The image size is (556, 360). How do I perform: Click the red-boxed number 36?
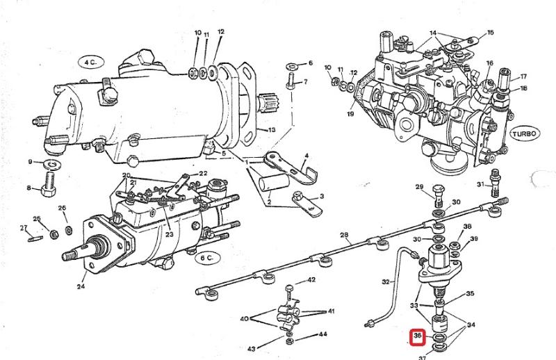pyautogui.click(x=418, y=337)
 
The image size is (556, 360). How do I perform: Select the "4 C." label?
pyautogui.click(x=90, y=62)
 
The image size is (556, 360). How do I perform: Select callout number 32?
pyautogui.click(x=386, y=281)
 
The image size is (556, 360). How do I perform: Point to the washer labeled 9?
pyautogui.click(x=51, y=165)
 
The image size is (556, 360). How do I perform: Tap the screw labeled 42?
pyautogui.click(x=290, y=286)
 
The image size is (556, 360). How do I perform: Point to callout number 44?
pyautogui.click(x=322, y=334)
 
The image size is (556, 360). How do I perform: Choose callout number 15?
pyautogui.click(x=491, y=33)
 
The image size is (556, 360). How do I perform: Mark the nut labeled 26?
pyautogui.click(x=67, y=229)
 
